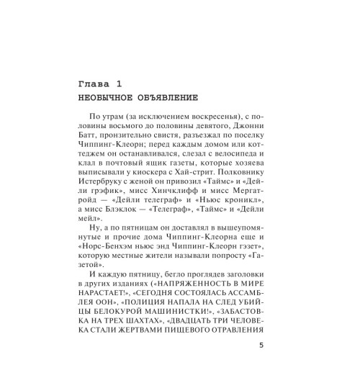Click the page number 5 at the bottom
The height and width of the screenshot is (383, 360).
[260, 365]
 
